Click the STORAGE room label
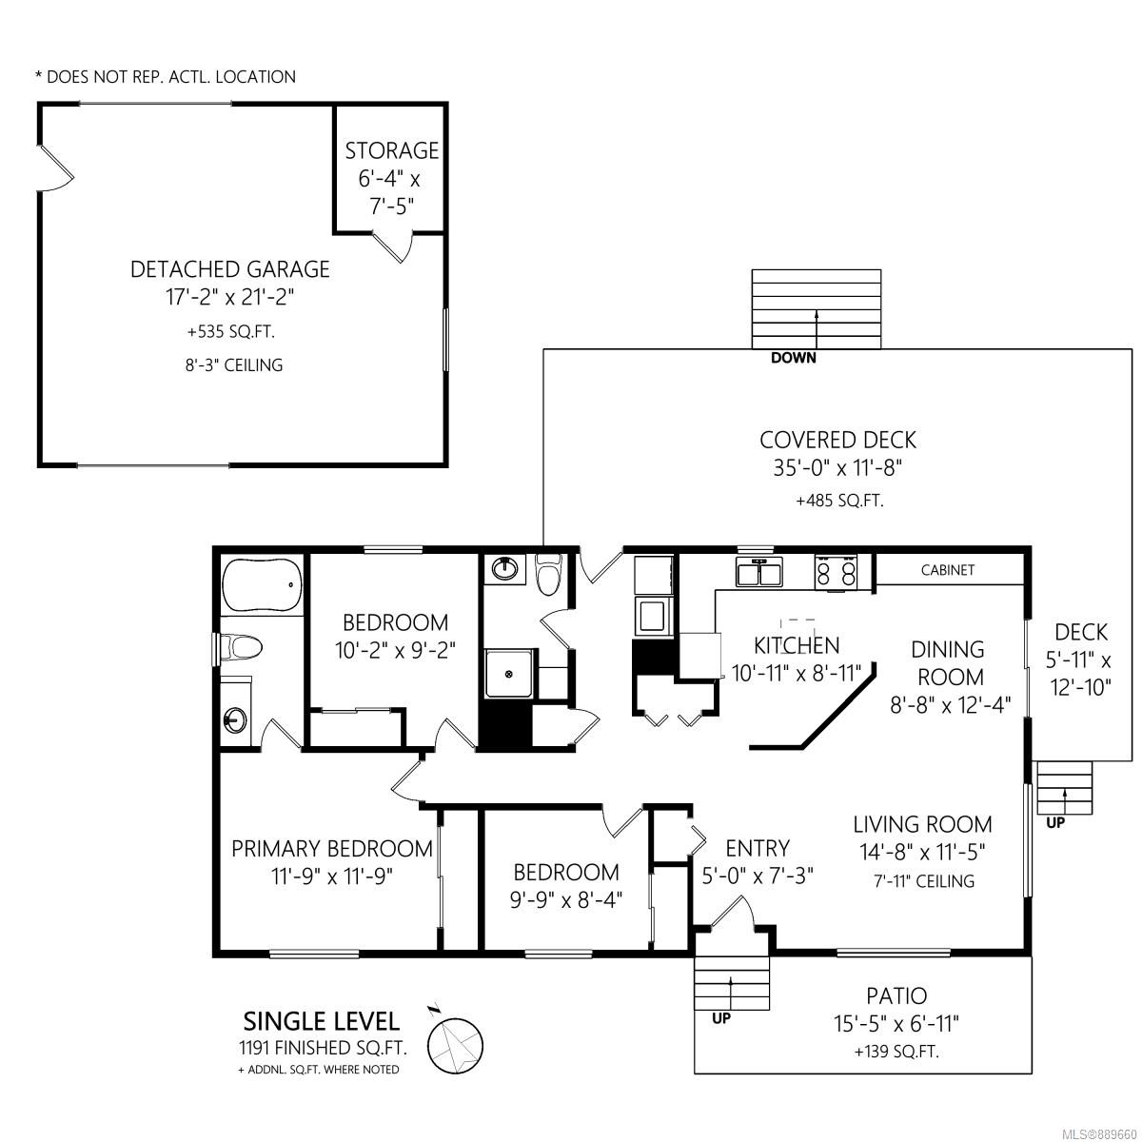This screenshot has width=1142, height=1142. [392, 150]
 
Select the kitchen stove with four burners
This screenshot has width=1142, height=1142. [836, 573]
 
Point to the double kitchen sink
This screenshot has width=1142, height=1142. [758, 572]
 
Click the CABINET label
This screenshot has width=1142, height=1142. [948, 570]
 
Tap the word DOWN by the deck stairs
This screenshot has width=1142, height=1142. [793, 358]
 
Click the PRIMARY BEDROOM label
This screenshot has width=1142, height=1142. [332, 849]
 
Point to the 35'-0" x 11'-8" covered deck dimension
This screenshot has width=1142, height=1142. [837, 468]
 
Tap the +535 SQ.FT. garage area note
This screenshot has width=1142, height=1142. [231, 331]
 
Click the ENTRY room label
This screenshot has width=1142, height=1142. [758, 848]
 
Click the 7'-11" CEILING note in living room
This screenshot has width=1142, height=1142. [924, 881]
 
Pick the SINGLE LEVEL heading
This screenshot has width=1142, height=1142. [322, 1021]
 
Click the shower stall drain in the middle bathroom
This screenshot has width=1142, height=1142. [508, 673]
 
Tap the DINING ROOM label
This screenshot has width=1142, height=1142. [947, 663]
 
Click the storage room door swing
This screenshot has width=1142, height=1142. [392, 247]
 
